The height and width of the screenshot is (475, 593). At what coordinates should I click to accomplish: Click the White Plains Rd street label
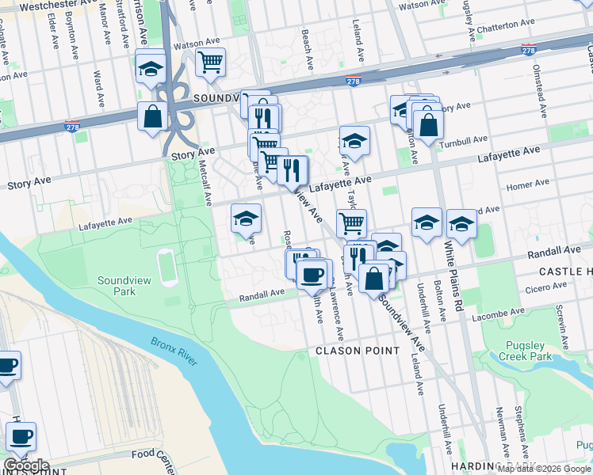(x=451, y=267)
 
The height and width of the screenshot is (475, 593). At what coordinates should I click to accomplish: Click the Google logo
(x=26, y=465)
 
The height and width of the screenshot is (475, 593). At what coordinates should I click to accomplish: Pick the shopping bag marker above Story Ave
(x=151, y=116)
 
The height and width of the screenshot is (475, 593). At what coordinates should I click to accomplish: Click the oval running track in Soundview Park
(x=167, y=268)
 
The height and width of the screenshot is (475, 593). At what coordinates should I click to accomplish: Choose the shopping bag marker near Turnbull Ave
(x=428, y=124)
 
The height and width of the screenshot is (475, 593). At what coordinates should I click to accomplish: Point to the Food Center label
(x=153, y=454)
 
